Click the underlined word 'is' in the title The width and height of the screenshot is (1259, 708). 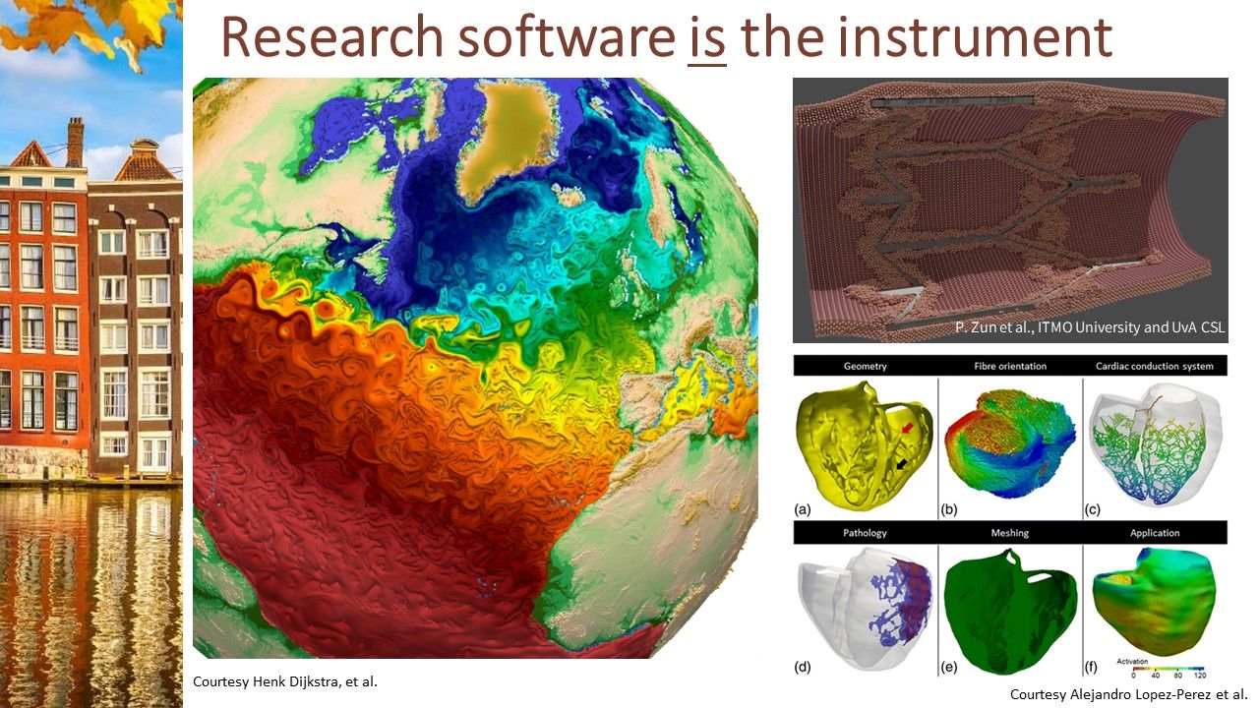[x=706, y=38]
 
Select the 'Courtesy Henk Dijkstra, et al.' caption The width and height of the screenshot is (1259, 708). [x=285, y=681]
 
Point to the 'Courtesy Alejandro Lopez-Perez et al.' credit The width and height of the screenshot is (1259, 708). [x=1128, y=694]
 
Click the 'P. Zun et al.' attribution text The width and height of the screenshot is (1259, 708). [x=990, y=327]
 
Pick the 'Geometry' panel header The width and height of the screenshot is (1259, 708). [x=865, y=366]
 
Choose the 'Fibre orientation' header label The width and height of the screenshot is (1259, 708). [x=1010, y=366]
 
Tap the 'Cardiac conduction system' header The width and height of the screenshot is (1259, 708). [x=1155, y=366]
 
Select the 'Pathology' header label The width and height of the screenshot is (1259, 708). [x=865, y=533]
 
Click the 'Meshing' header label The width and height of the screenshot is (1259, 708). [x=1010, y=533]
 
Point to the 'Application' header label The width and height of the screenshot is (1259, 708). [x=1155, y=533]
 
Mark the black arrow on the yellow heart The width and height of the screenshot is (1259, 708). [x=902, y=463]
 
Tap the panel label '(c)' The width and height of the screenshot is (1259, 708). [x=1092, y=509]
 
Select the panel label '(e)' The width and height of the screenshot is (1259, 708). [x=948, y=667]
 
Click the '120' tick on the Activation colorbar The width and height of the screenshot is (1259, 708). [x=1200, y=675]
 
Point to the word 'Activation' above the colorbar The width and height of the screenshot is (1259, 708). [x=1132, y=662]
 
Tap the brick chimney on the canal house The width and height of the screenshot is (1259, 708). [x=75, y=143]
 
